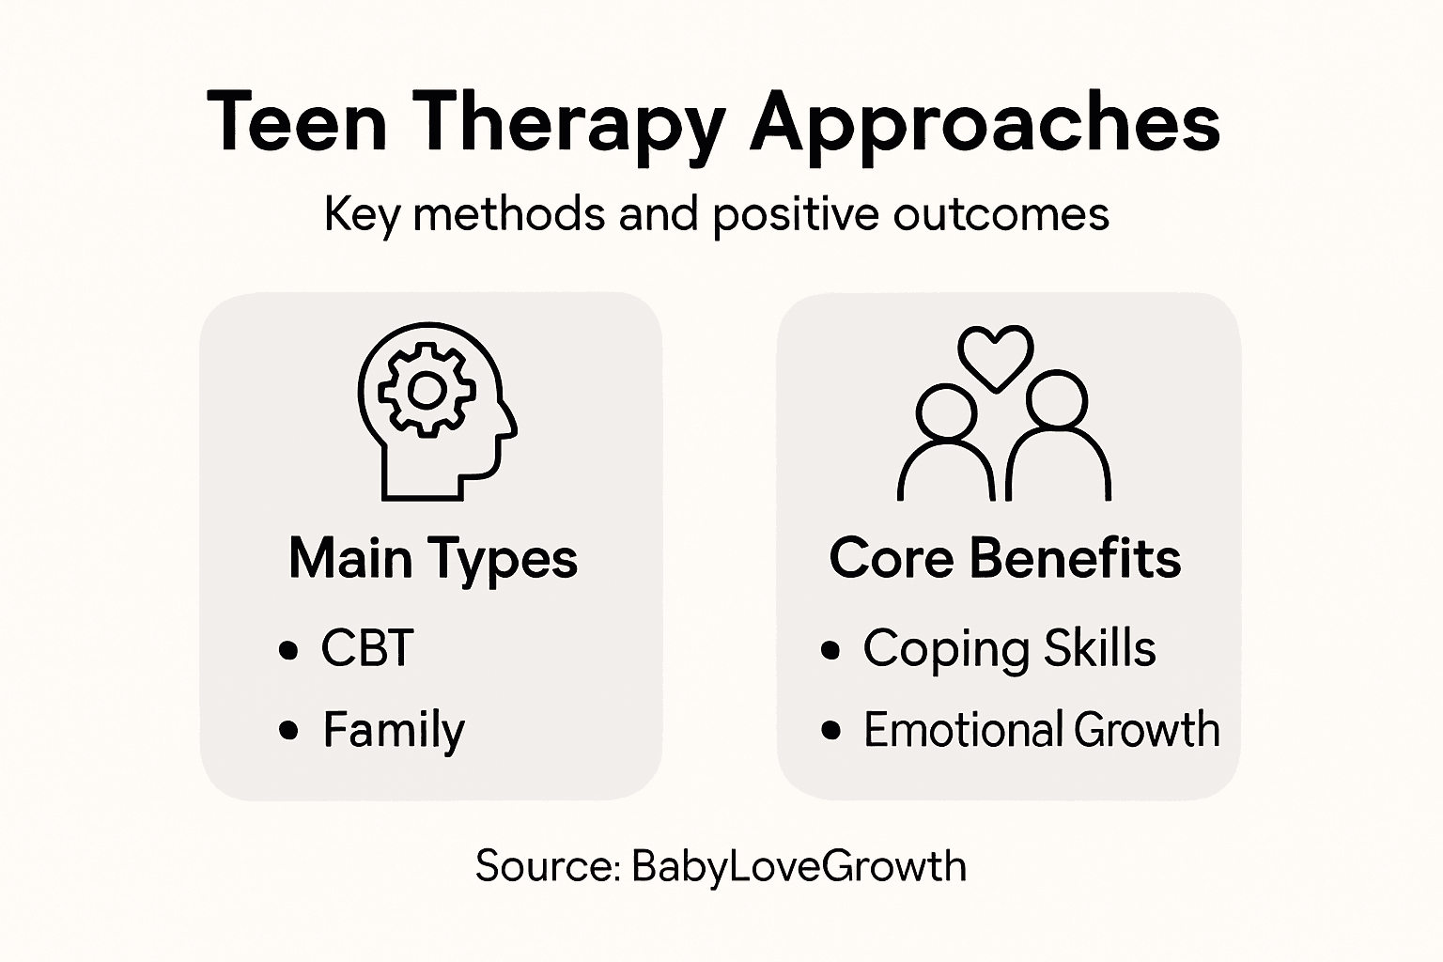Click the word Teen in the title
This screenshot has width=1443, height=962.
[x=297, y=122]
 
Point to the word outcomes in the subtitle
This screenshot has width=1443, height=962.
[x=1001, y=214]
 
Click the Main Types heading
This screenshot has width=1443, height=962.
[x=433, y=558]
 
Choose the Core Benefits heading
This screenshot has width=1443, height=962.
[x=1004, y=558]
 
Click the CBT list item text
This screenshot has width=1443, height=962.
[x=367, y=648]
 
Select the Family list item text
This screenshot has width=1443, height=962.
[x=394, y=730]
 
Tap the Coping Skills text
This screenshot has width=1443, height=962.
[x=1009, y=648]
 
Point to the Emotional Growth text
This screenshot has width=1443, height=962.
[x=1041, y=730]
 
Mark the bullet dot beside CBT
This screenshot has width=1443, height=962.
[x=289, y=650]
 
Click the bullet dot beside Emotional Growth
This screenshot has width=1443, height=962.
[x=830, y=731]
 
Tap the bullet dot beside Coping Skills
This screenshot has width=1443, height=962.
[x=830, y=650]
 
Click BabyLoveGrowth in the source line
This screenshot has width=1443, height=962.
[x=799, y=866]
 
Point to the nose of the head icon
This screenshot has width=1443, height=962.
[x=512, y=430]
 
